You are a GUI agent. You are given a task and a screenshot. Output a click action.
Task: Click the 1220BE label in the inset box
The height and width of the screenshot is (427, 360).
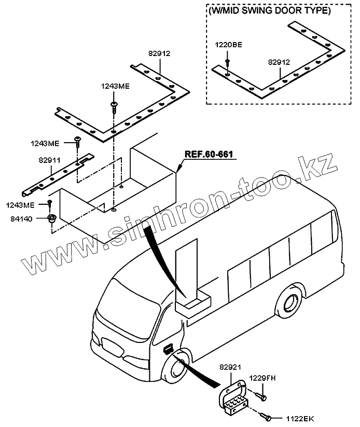(x=229, y=45)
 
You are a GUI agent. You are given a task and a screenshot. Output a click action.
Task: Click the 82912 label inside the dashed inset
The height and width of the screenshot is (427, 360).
(x=279, y=62)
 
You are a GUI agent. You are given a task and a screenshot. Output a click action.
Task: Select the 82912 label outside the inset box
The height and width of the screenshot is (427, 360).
(x=159, y=53)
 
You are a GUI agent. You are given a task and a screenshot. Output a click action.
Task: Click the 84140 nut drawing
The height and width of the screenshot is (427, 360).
(x=52, y=218)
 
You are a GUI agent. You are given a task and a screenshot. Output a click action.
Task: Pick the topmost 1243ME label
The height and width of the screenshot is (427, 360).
(x=115, y=87)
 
